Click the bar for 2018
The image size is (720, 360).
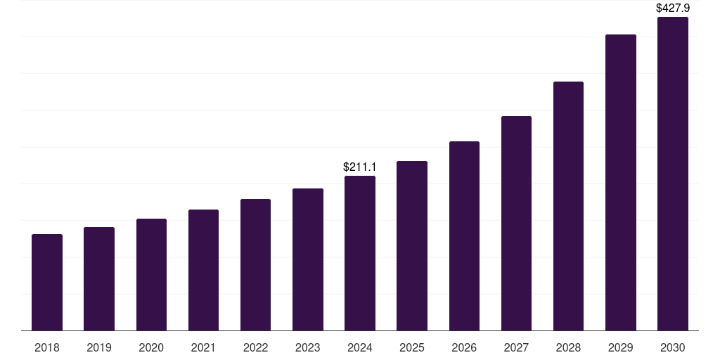pos(47,282)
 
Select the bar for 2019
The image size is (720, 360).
pos(99,278)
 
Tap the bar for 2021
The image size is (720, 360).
pos(203,270)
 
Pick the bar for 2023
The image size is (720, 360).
pos(308,259)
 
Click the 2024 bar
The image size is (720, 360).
pos(360,253)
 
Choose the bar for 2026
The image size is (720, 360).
pos(464,236)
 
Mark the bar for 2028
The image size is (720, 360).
pos(568,206)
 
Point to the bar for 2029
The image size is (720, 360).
pos(621,182)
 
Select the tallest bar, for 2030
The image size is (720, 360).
pos(673,174)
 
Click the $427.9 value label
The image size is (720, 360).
pos(673,8)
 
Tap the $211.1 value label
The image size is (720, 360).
pos(360,167)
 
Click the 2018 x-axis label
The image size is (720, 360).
pos(47,348)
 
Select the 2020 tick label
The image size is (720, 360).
pos(151,348)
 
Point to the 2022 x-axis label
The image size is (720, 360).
pos(255,348)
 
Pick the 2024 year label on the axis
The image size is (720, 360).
pos(360,348)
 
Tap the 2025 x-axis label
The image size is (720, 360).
pos(412,348)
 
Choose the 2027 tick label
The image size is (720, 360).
pos(516,348)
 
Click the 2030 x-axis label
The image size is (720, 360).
pos(673,348)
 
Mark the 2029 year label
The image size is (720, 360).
pos(621,348)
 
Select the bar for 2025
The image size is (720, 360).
pos(412,245)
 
